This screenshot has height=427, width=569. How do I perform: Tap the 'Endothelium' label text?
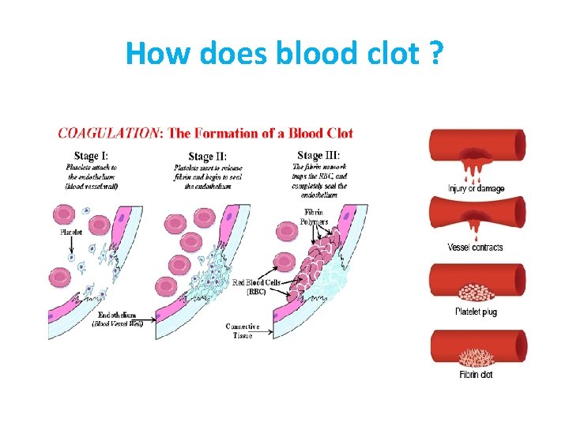115,315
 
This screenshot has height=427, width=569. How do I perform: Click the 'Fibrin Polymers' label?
314,217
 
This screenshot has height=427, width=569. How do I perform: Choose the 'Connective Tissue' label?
243,331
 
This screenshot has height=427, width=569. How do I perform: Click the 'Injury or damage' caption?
476,188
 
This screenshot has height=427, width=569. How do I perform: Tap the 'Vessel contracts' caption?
475,248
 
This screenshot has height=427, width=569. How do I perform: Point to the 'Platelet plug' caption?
476,312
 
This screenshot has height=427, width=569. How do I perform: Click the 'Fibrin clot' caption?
476,374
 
